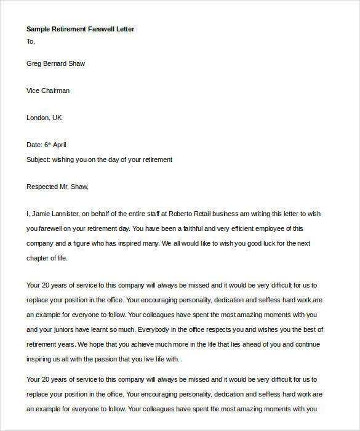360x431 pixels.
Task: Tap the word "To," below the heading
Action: tap(31, 41)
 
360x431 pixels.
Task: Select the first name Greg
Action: tap(34, 63)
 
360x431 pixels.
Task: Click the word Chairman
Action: tap(55, 91)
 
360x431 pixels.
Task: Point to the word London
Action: tap(38, 118)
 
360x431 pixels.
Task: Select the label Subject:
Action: tap(40, 159)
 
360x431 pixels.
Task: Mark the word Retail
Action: tap(232, 214)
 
